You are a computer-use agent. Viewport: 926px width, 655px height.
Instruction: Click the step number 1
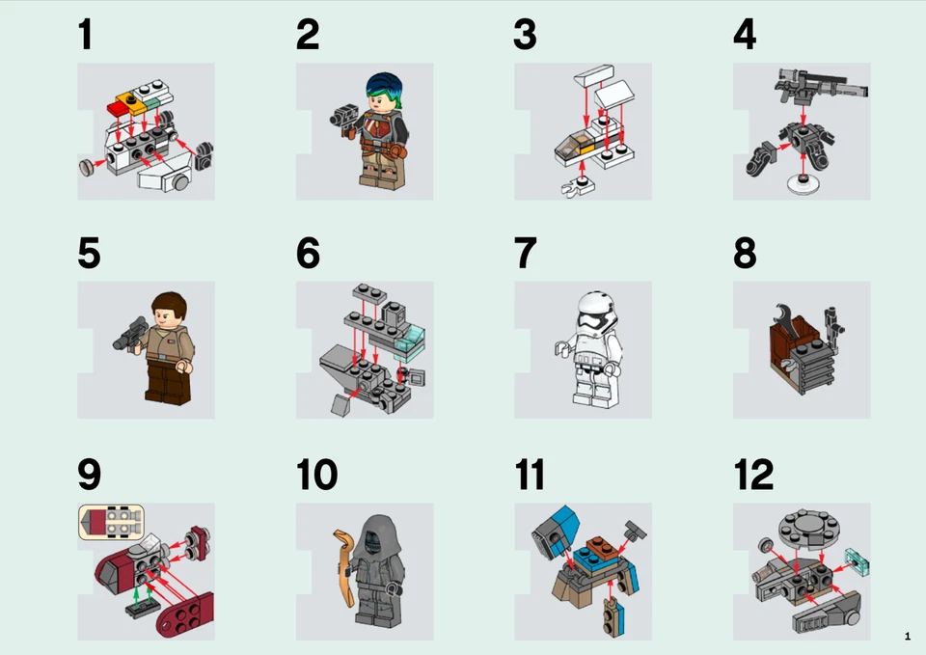tap(86, 35)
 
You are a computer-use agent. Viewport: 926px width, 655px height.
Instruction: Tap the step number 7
tap(525, 254)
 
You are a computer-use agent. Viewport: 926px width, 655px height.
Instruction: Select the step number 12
tap(752, 475)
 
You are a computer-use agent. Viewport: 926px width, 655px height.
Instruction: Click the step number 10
tap(316, 475)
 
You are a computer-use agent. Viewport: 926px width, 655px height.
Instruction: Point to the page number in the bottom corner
tap(907, 636)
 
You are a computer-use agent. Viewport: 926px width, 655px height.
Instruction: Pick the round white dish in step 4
tap(803, 186)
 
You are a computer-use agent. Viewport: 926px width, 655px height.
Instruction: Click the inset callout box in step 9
tap(111, 521)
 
